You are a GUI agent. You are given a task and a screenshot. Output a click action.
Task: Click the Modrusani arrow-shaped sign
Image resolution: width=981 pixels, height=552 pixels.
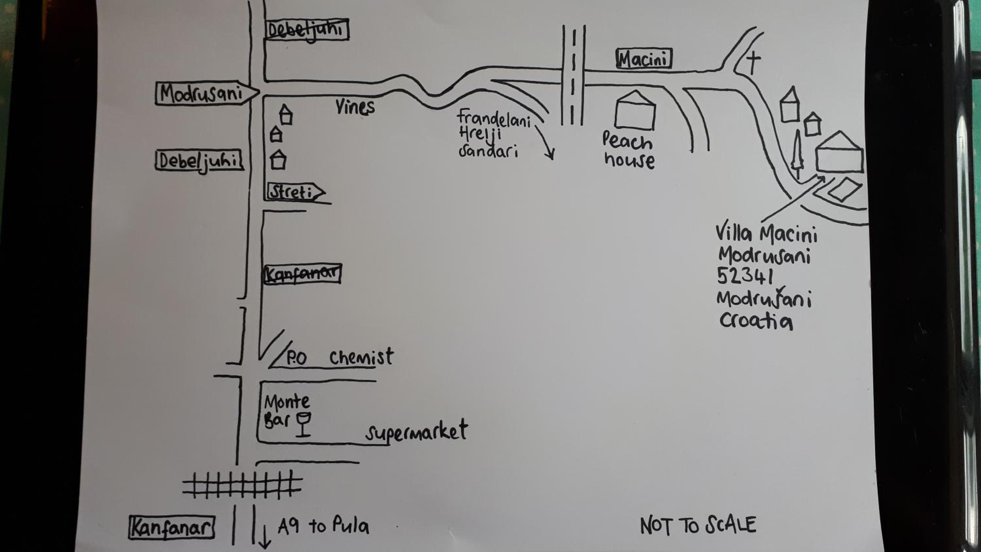207,93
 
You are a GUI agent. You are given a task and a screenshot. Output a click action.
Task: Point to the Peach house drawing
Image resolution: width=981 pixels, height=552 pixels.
635,111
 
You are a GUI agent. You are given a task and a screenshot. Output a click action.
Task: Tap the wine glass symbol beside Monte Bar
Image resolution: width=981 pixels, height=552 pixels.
303,423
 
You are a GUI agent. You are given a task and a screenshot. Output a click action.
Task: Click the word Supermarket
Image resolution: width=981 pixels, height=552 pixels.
417,432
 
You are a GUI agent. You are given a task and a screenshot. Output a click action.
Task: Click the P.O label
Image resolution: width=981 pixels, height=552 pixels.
296,358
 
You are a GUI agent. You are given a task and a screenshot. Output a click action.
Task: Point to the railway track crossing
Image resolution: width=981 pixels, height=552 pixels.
242,485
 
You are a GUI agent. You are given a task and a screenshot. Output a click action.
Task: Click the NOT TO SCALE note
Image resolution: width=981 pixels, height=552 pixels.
698,525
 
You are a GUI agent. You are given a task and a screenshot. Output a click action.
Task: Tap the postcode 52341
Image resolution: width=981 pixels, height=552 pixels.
745,276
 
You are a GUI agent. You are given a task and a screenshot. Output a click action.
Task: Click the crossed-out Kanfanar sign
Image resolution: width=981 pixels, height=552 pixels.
302,273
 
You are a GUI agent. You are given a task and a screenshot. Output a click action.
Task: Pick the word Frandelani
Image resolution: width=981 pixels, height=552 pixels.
494,118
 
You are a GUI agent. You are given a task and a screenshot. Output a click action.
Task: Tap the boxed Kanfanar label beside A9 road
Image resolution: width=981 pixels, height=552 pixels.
172,527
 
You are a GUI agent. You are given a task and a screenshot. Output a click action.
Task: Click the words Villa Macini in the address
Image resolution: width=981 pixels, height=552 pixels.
766,233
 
